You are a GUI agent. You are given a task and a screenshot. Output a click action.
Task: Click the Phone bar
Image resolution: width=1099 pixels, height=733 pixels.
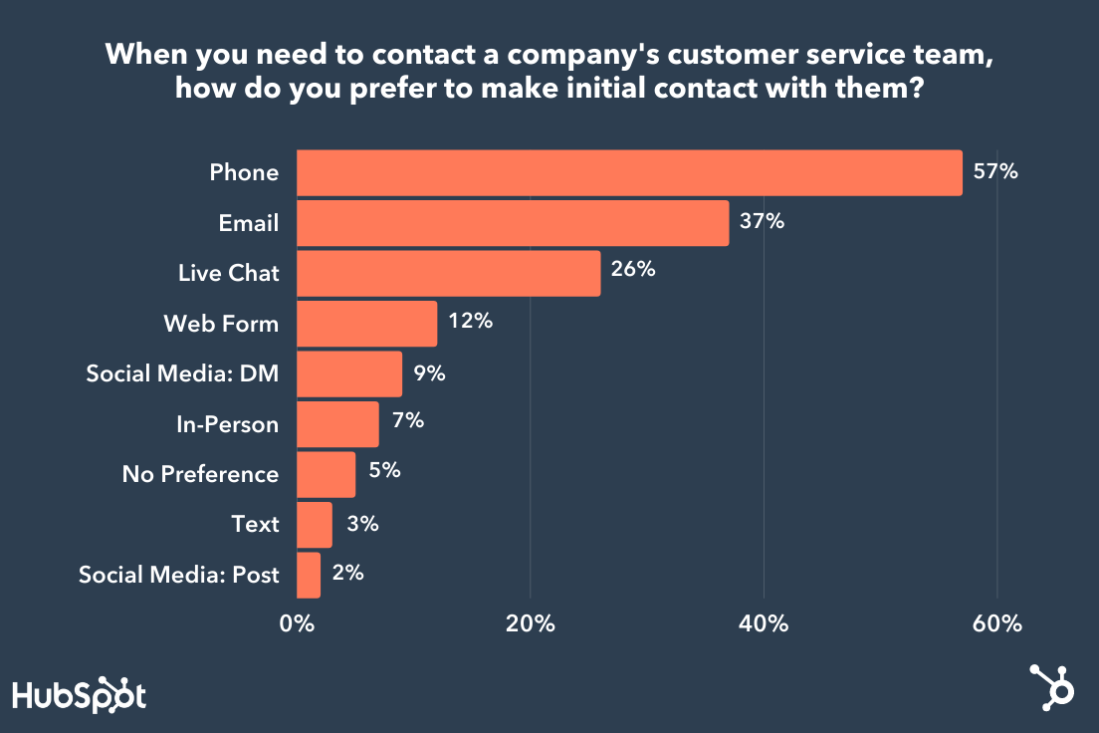pos(629,173)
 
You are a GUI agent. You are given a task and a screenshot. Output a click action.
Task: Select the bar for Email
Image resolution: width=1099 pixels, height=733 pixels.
pos(513,223)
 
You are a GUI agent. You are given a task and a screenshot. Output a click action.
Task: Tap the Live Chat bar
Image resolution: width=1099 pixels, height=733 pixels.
pos(449,273)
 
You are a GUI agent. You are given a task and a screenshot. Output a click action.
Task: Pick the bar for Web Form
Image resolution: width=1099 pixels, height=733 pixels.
pos(366,324)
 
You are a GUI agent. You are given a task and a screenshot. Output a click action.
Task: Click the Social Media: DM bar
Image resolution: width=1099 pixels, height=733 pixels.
pos(349,374)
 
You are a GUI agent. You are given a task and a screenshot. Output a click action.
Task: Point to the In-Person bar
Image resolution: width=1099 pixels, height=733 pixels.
pos(337,424)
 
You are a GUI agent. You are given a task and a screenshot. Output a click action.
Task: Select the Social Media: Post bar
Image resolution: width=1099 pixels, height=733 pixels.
pos(309,575)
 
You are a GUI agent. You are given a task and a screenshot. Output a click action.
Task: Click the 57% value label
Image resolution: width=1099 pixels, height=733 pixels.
pos(995,171)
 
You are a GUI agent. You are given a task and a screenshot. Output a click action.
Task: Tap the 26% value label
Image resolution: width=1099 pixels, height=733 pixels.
pos(633,271)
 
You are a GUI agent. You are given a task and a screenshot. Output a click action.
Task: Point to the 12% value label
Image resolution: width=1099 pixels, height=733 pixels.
pos(470,322)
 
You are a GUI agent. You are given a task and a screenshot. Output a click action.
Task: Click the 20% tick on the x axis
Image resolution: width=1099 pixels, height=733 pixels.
pos(530,624)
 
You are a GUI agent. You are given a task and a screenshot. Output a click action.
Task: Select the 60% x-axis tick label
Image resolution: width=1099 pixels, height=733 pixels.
pos(997,624)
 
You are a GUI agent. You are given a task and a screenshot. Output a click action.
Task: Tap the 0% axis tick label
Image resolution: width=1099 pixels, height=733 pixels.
pos(297,624)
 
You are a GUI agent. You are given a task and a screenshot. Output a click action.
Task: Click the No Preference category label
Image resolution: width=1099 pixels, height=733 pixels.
pos(200,474)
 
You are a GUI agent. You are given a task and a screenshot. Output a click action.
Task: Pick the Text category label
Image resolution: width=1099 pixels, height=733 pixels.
pos(255,524)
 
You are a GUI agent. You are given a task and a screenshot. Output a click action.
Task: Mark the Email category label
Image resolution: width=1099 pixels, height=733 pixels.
pos(249,223)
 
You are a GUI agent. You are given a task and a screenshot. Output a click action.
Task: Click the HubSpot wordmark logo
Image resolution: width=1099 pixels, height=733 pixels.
pos(79,694)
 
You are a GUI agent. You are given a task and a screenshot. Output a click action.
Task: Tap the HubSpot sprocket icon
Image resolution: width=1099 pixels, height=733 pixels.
pos(1052,686)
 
